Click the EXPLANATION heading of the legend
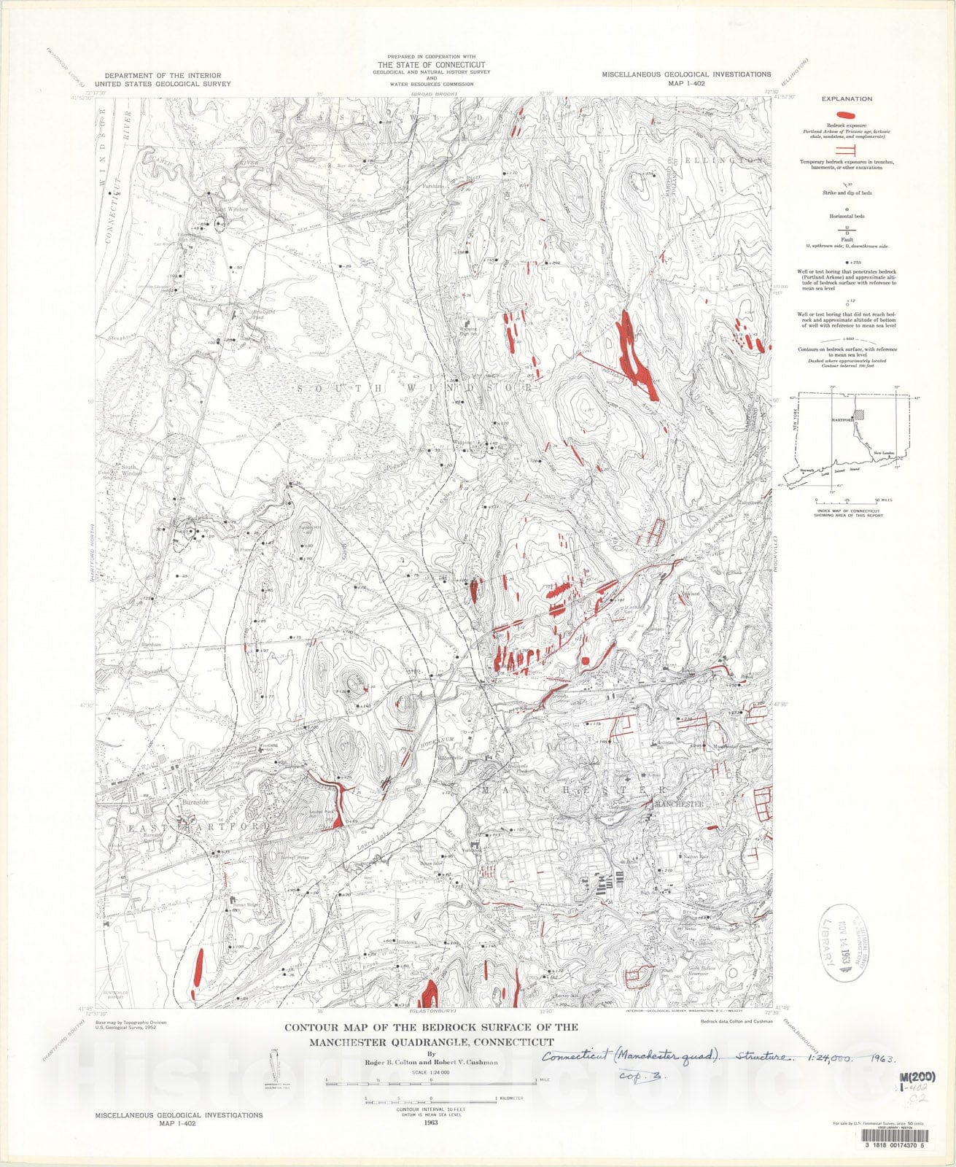click(847, 98)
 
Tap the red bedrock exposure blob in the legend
click(846, 115)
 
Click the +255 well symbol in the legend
click(846, 261)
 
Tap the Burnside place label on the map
click(195, 802)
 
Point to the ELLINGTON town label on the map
click(734, 160)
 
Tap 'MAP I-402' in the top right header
click(686, 83)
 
